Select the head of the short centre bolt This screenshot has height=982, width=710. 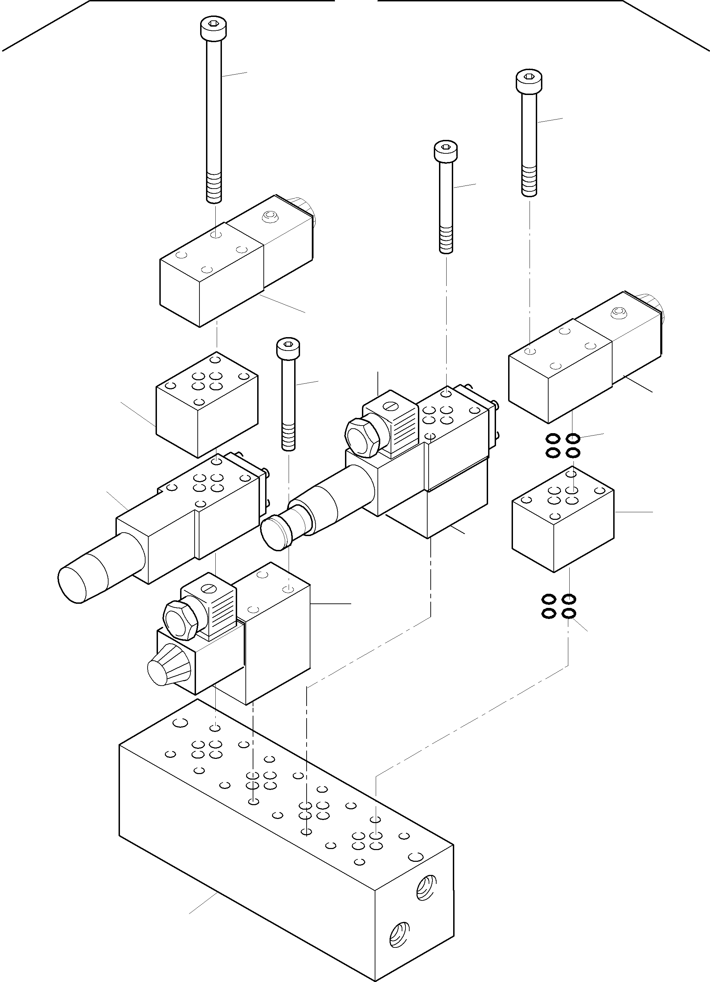point(288,346)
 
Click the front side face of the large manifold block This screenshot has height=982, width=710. point(243,849)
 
